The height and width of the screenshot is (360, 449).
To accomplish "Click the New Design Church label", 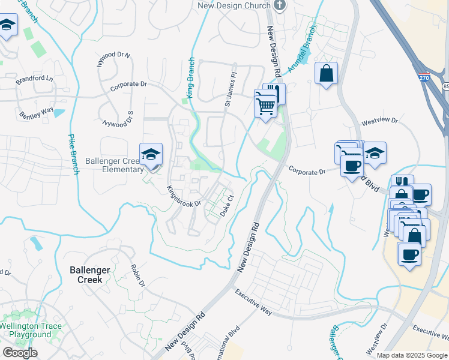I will pyautogui.click(x=234, y=6).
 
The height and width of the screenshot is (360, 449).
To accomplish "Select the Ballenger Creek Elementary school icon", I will pyautogui.click(x=151, y=155).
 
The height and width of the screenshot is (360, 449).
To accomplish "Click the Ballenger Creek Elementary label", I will pyautogui.click(x=113, y=165).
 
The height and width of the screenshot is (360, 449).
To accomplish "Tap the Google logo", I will pyautogui.click(x=20, y=353).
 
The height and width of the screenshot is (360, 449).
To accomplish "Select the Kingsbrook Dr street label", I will pyautogui.click(x=184, y=196).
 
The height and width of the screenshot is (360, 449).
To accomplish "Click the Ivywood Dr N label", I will pyautogui.click(x=114, y=62).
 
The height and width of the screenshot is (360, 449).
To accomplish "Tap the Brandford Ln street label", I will pyautogui.click(x=35, y=79).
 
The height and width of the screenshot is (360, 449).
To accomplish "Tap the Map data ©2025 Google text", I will pyautogui.click(x=411, y=355).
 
